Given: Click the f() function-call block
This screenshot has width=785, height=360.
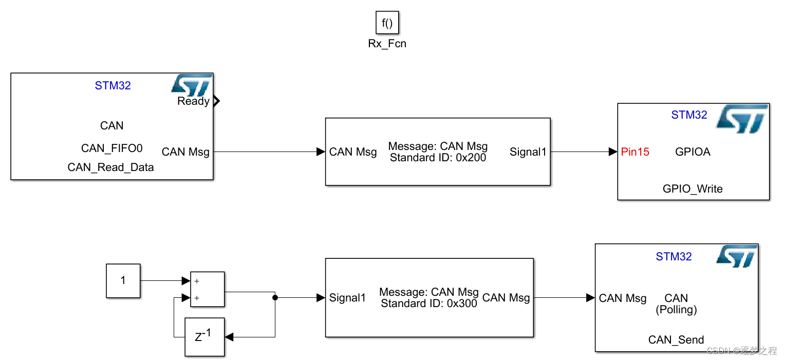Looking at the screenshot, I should (x=387, y=23).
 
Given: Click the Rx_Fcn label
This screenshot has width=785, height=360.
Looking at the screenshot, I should (x=387, y=44).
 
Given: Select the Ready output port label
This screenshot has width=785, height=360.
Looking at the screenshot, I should (x=193, y=101).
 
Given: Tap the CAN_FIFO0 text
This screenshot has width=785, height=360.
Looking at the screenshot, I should (x=111, y=148).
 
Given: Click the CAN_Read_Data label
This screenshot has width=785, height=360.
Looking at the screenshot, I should (x=110, y=167).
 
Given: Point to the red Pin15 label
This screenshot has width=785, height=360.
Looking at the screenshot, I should (x=635, y=152).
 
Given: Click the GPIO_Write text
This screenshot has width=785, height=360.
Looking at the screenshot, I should (x=693, y=189).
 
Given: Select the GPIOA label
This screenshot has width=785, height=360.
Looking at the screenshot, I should (x=693, y=152).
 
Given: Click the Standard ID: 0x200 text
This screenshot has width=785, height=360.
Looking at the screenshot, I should (x=438, y=158).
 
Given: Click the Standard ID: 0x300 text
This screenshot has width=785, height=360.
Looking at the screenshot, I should (x=429, y=304).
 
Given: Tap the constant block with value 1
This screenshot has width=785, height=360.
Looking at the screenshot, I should (x=123, y=280).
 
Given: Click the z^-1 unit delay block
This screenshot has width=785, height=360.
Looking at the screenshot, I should (x=204, y=337).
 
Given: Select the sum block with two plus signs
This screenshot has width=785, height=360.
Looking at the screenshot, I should (x=208, y=289).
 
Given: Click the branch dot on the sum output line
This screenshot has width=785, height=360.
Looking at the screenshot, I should (x=275, y=297).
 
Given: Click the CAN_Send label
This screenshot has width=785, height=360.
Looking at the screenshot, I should (x=676, y=339).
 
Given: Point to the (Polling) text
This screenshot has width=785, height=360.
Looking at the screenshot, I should (x=676, y=310).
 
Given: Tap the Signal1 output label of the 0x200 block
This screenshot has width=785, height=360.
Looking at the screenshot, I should (x=528, y=152).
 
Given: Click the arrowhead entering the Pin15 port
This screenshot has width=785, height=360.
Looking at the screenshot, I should (x=612, y=152).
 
